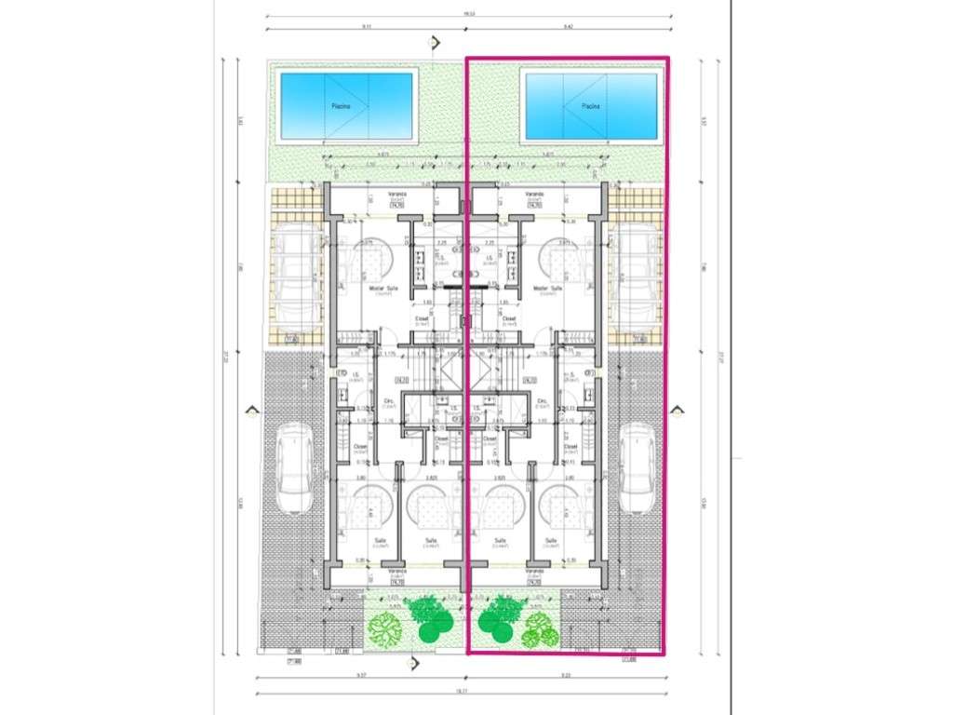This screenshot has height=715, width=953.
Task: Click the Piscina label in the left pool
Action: (342, 106)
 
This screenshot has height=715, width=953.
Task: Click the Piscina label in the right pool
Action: (590, 106)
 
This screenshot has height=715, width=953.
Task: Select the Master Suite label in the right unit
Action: (547, 290)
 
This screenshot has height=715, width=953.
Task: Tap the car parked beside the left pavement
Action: (293, 467)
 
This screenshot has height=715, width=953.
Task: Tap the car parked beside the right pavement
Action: (638, 467)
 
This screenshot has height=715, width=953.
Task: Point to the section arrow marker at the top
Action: (433, 43)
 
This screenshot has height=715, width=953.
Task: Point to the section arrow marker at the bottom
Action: (414, 663)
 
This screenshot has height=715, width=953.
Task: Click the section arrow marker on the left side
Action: (249, 411)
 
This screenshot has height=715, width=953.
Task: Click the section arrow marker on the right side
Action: (678, 411)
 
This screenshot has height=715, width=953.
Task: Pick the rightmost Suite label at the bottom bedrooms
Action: (550, 541)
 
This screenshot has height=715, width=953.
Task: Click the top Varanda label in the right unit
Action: (533, 196)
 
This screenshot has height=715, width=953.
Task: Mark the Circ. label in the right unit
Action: (543, 402)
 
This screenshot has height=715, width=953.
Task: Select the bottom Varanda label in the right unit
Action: (534, 571)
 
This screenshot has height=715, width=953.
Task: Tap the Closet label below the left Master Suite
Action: (422, 318)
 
